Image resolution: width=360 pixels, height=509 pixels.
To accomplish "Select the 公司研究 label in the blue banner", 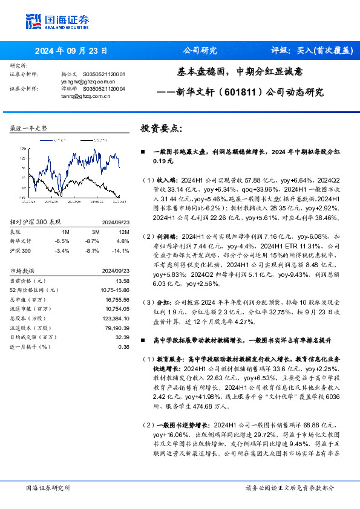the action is [x=199, y=50].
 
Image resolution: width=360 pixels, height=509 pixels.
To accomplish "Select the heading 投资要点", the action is [x=161, y=129].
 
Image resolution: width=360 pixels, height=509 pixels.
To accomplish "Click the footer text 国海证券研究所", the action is [x=48, y=487].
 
